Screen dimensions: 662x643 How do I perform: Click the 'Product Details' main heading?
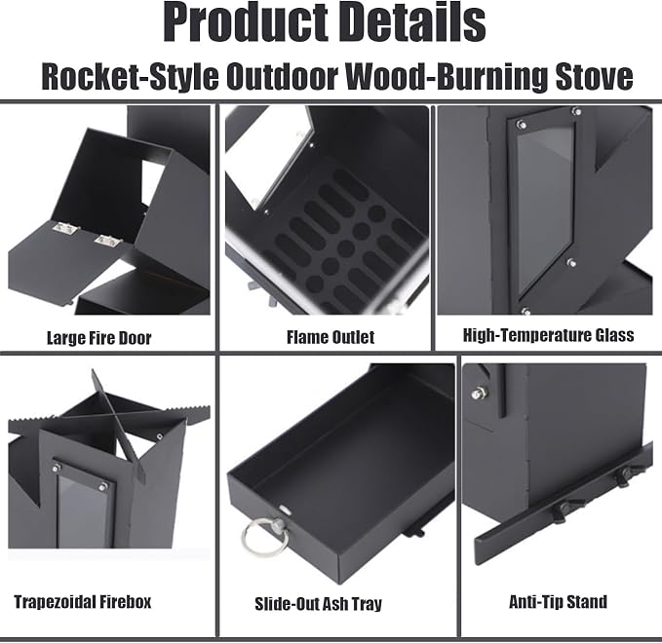point(325,21)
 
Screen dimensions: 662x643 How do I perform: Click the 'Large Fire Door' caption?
point(98,338)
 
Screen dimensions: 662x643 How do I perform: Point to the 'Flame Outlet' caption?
point(331,337)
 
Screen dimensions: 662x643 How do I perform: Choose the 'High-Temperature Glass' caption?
point(549,335)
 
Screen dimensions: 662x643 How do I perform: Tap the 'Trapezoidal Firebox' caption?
point(83,602)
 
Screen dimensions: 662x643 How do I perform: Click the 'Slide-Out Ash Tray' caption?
point(319,604)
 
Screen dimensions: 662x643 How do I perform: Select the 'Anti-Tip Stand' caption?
point(558,602)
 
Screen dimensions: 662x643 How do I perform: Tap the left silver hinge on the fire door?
point(65,228)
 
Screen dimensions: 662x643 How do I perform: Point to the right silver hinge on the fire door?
point(107,241)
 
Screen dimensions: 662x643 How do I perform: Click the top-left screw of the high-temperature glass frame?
point(522,124)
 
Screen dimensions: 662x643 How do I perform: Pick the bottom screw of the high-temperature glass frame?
point(526,312)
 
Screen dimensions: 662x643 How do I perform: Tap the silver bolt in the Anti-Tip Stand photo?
point(479,394)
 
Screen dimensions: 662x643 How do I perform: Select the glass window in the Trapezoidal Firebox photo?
point(84,511)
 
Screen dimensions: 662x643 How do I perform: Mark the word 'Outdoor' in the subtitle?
point(283,76)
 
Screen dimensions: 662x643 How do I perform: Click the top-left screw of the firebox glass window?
point(56,468)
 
